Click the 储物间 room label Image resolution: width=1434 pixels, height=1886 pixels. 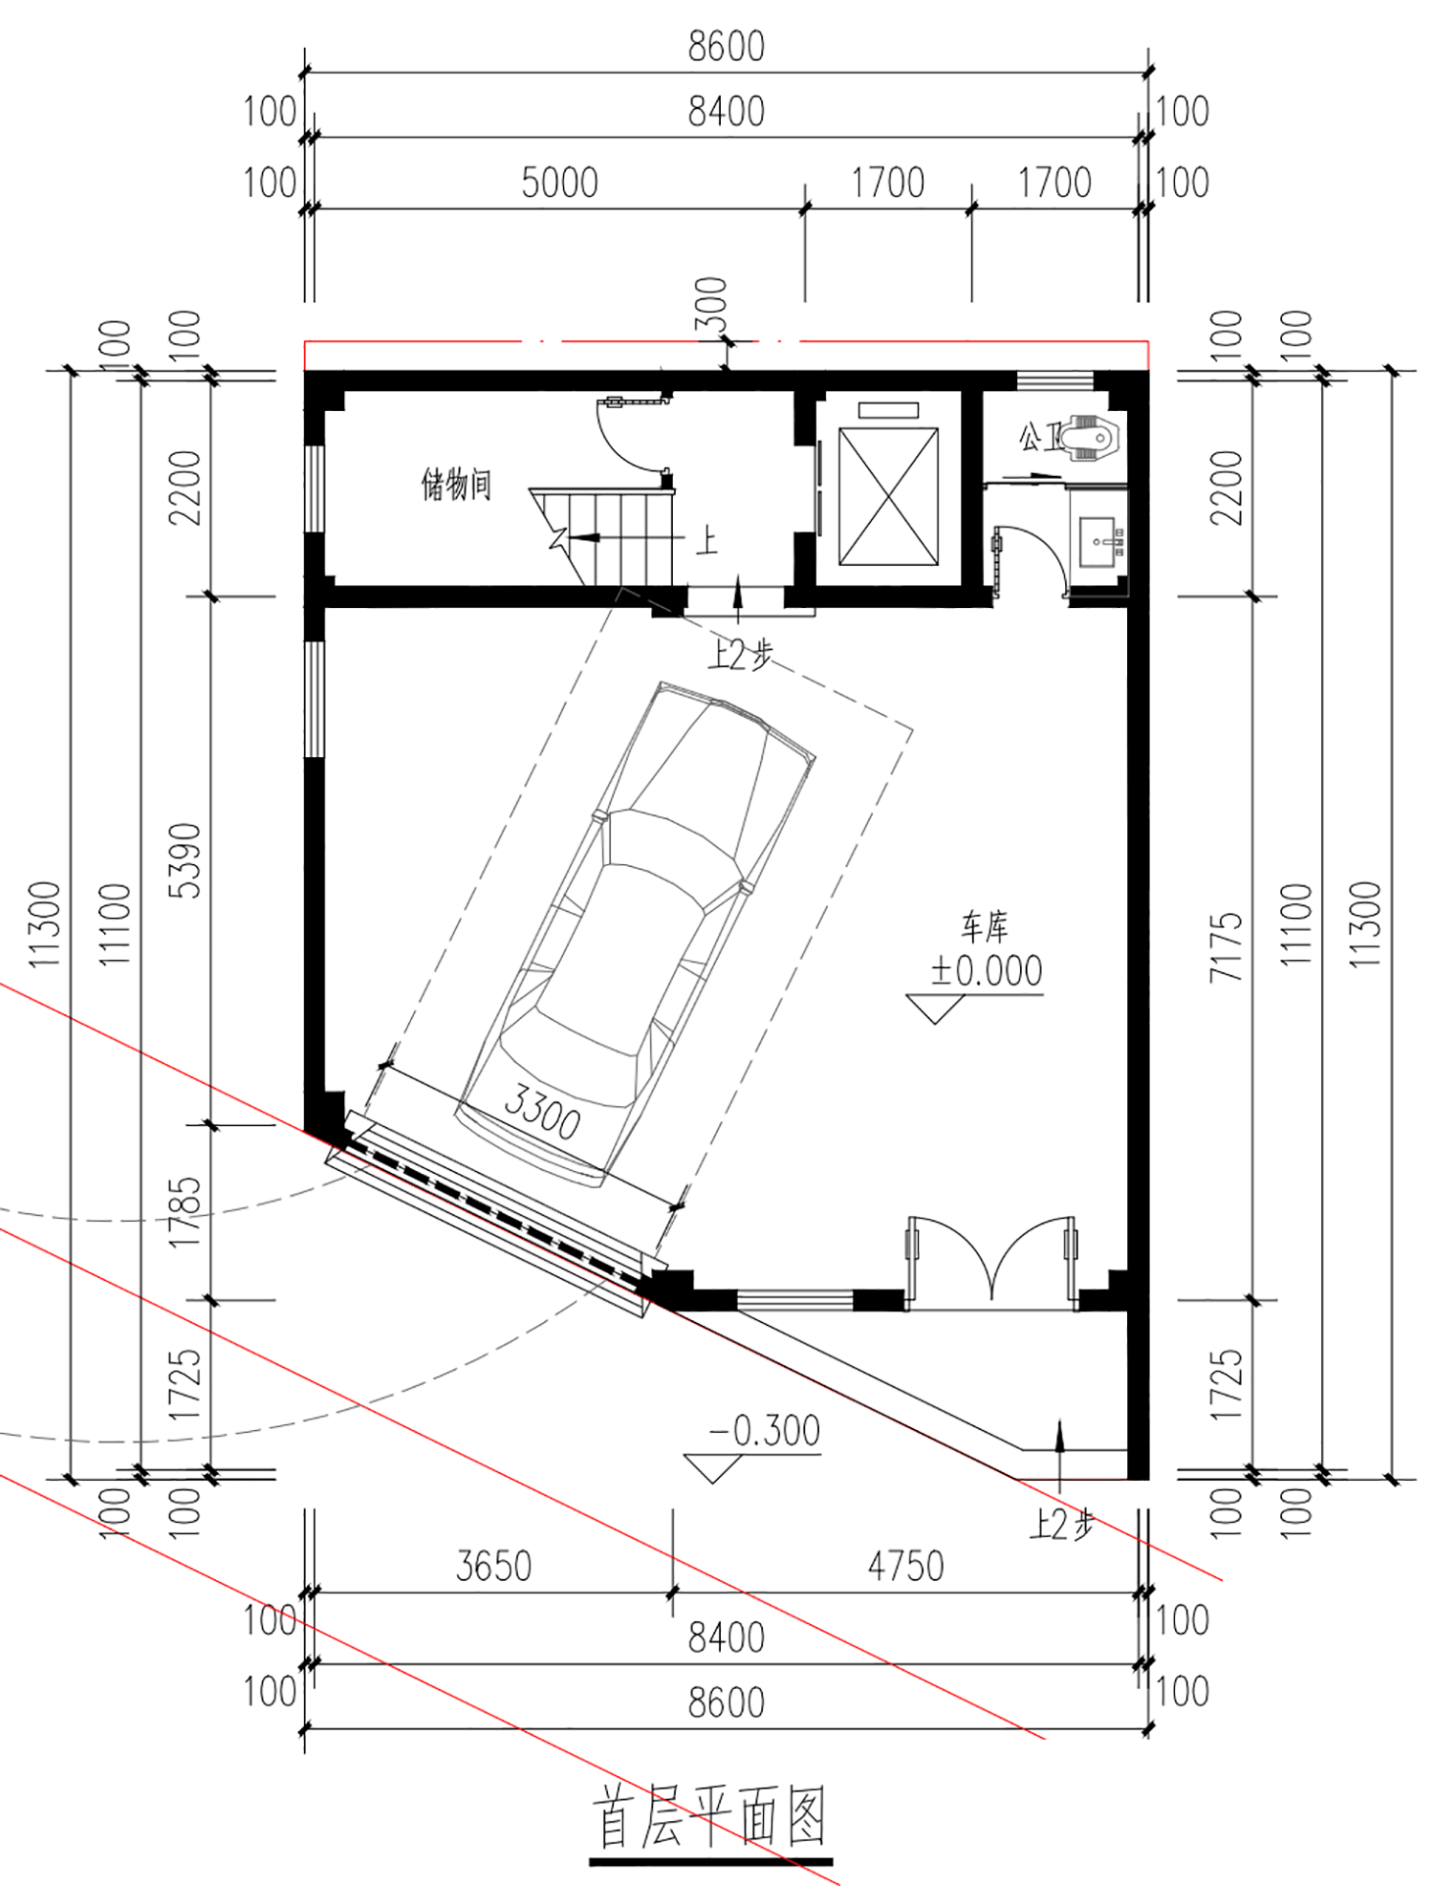[457, 485]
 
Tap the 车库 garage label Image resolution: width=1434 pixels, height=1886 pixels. [985, 926]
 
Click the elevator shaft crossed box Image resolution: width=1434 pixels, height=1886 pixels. [889, 497]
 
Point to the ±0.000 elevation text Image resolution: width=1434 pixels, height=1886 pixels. [987, 971]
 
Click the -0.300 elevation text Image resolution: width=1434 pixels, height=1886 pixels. [764, 1431]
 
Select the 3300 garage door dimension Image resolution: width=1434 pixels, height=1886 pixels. [541, 1112]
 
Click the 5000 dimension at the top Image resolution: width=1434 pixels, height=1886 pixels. [559, 183]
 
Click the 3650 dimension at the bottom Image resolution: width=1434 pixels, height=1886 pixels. [493, 1566]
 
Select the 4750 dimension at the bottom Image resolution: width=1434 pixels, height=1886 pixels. [905, 1566]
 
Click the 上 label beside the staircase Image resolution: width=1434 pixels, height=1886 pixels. [706, 541]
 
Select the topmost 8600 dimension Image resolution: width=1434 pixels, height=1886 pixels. [727, 47]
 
